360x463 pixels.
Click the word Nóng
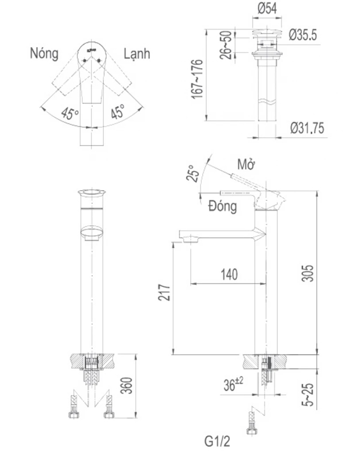coord(44,53)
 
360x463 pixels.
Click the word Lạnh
coord(136,53)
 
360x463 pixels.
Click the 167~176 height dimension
coord(197,79)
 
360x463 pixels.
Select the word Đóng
coord(223,207)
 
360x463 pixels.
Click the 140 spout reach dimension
coord(229,274)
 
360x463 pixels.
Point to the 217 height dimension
coord(166,292)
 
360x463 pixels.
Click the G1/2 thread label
coord(216,443)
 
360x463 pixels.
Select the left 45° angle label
coord(70,113)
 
